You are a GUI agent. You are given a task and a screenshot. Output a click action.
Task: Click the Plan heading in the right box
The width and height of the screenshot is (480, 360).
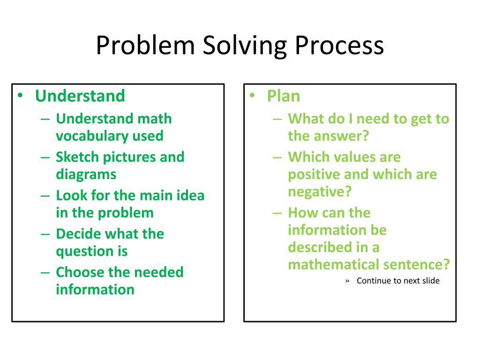283,96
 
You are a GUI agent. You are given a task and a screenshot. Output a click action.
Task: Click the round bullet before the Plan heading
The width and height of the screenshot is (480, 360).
252,96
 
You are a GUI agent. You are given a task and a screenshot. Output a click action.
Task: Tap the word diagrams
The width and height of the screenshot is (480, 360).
86,174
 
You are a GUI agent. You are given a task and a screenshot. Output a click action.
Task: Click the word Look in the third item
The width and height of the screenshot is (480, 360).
69,195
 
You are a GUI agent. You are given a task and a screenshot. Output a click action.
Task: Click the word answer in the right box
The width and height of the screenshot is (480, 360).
341,136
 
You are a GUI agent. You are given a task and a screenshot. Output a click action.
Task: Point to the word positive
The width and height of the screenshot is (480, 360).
314,174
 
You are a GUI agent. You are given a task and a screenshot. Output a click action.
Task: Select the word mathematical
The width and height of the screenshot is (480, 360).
333,264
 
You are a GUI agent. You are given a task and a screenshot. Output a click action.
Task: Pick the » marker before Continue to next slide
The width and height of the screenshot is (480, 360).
347,281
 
